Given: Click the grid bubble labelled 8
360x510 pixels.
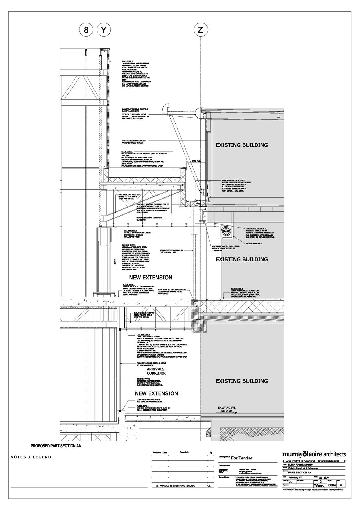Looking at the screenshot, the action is pyautogui.click(x=86, y=30).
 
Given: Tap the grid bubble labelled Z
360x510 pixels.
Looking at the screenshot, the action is pyautogui.click(x=200, y=30).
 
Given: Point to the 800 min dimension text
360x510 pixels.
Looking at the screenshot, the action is pyautogui.click(x=196, y=161).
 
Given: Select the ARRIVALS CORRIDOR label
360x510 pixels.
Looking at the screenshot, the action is pyautogui.click(x=156, y=371).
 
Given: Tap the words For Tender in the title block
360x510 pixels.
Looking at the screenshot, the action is pyautogui.click(x=241, y=458).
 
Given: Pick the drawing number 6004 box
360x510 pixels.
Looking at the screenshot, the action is pyautogui.click(x=332, y=485).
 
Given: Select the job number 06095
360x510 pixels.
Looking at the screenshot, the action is pyautogui.click(x=319, y=485).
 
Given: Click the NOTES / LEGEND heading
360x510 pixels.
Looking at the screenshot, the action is pyautogui.click(x=31, y=457).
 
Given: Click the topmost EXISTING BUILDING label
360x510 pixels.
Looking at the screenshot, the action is pyautogui.click(x=241, y=145).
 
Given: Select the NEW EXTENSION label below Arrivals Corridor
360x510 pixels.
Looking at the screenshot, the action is pyautogui.click(x=156, y=393).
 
